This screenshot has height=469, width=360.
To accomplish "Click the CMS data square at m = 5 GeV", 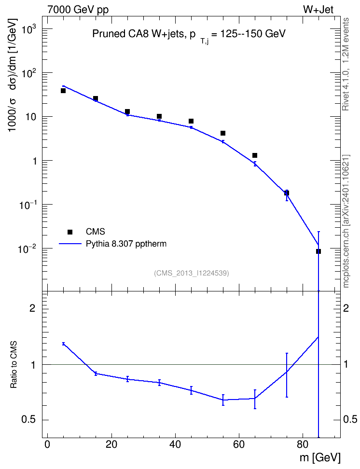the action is [x=63, y=91].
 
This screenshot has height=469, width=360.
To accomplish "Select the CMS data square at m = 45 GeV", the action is [x=191, y=121].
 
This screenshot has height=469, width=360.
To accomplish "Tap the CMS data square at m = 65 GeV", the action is [x=255, y=155].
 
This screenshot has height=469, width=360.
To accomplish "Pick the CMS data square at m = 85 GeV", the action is [x=318, y=251].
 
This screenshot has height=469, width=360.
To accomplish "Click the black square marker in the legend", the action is [x=70, y=232].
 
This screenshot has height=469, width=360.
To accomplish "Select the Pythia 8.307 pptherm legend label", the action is [x=126, y=244].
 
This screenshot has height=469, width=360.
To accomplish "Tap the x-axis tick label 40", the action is [x=175, y=444].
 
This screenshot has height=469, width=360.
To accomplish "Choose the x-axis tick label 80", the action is [x=303, y=444].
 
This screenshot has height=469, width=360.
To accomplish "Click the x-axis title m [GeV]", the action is [x=320, y=457].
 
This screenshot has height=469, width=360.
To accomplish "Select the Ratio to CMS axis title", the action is [x=14, y=364].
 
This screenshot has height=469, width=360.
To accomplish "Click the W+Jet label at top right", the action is [x=318, y=10].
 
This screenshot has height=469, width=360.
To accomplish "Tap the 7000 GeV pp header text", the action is [x=78, y=10].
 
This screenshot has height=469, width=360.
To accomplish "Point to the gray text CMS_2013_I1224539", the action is [x=192, y=273].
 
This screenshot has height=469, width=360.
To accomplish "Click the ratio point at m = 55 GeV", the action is [x=223, y=400].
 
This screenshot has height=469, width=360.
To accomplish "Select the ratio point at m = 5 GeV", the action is [x=63, y=344].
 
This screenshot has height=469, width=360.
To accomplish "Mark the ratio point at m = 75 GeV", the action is [x=287, y=372].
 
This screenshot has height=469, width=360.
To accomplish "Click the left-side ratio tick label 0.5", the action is [x=28, y=419].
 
